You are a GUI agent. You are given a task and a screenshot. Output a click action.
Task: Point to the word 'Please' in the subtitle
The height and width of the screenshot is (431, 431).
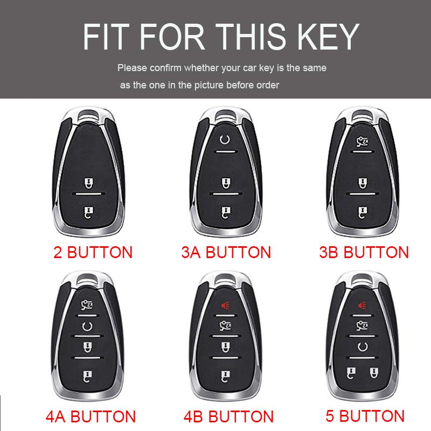click(131, 68)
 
